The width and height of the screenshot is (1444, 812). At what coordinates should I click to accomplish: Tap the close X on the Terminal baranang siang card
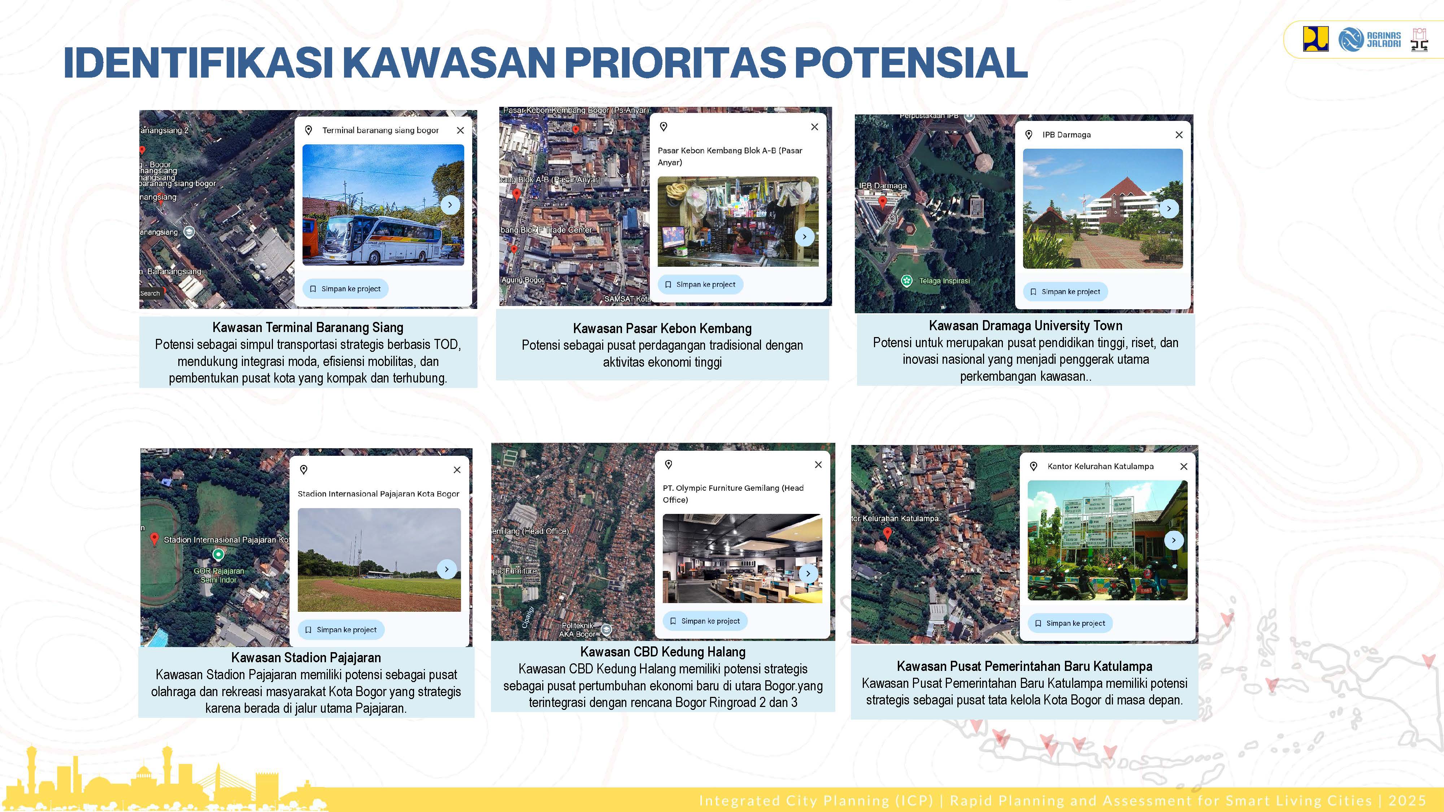click(x=460, y=130)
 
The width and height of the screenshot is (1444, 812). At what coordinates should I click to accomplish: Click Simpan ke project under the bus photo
click(x=345, y=289)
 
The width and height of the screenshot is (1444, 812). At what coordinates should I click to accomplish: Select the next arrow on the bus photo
click(x=449, y=205)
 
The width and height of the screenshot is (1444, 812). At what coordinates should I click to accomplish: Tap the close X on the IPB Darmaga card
click(x=1179, y=135)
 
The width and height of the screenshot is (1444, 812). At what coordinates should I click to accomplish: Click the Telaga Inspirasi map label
click(x=944, y=281)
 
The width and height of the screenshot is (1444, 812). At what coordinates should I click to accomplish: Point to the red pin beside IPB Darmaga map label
click(x=882, y=201)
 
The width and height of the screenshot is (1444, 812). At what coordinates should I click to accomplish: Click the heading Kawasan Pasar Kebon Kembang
click(x=662, y=328)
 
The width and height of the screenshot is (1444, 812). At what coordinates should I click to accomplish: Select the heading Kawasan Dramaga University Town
click(x=1025, y=326)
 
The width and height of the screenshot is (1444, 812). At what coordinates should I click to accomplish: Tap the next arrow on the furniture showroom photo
click(x=808, y=573)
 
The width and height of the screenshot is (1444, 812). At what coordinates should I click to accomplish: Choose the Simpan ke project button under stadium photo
click(x=341, y=629)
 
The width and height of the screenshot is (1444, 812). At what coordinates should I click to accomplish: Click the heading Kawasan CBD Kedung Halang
click(x=662, y=652)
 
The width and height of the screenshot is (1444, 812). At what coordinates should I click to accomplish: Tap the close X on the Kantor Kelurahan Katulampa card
click(x=1183, y=466)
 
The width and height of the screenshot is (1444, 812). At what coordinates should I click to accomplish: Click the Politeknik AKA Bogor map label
click(x=577, y=630)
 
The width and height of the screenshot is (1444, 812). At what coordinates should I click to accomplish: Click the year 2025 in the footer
click(x=1407, y=800)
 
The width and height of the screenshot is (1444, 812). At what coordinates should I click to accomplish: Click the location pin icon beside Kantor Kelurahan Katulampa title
click(x=1034, y=466)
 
